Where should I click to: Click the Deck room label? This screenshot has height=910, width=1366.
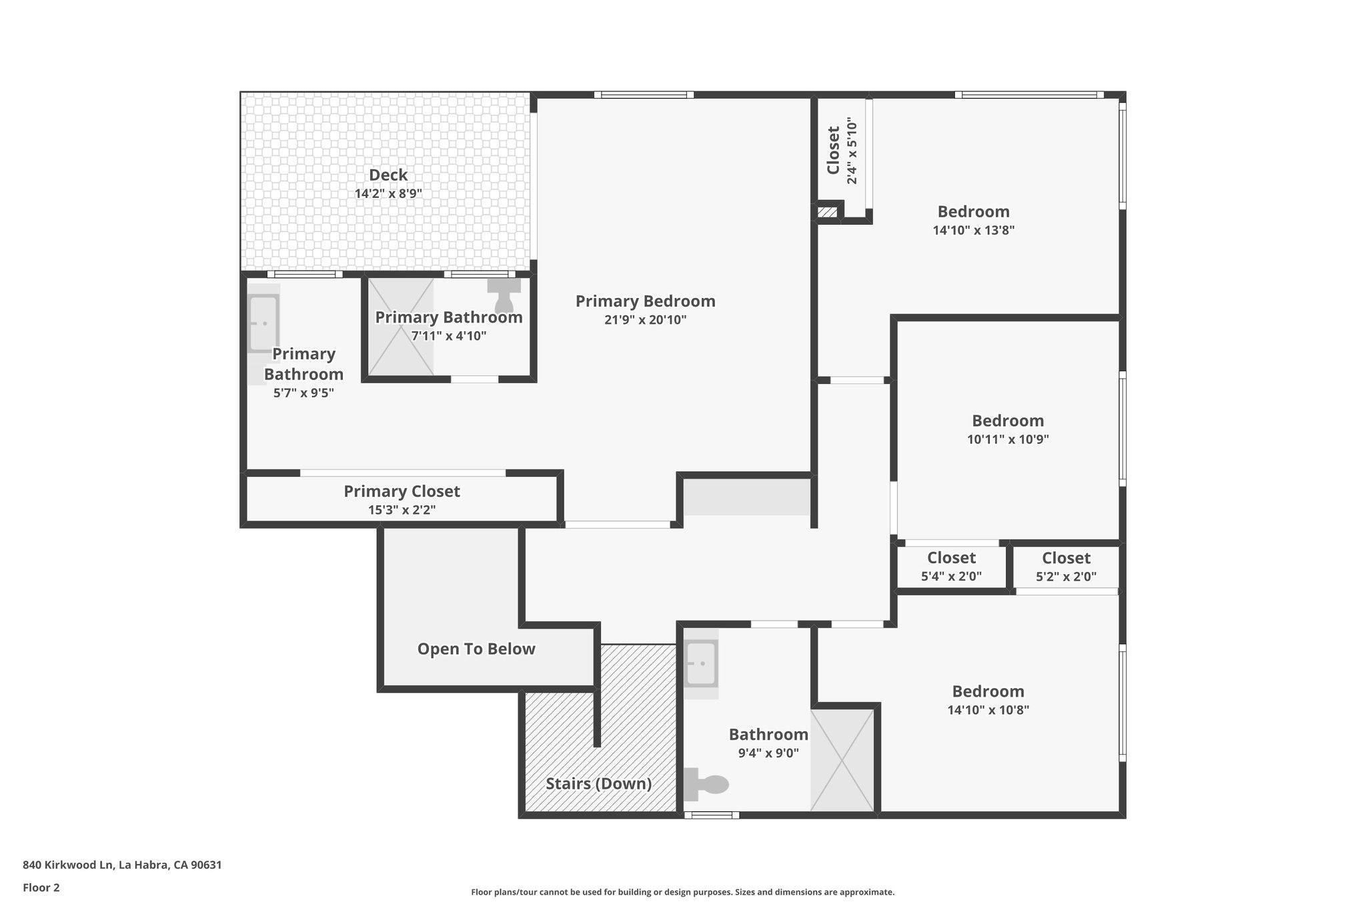388,175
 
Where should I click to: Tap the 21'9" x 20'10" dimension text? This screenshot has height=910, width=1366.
645,320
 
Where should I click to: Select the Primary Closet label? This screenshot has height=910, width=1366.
402,491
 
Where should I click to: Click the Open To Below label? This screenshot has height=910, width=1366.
476,649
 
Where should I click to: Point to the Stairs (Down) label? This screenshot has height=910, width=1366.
598,783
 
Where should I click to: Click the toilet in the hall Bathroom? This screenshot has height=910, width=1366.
708,784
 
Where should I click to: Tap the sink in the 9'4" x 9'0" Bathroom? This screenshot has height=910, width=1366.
701,663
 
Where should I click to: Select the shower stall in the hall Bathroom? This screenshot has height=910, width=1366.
842,760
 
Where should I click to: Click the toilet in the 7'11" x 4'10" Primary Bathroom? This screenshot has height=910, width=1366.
504,294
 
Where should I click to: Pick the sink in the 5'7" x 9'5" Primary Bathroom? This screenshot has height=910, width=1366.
263,323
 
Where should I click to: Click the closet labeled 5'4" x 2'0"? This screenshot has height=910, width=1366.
951,567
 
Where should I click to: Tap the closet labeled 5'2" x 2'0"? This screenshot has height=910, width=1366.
1066,567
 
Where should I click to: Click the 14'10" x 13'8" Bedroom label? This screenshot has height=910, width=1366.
973,212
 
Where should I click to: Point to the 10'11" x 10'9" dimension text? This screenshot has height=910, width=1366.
1008,440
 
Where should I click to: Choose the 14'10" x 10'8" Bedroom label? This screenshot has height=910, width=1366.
988,692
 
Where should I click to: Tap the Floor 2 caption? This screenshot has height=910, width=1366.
41,887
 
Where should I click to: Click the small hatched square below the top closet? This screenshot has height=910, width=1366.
827,213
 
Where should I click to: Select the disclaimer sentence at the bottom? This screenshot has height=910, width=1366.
682,892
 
